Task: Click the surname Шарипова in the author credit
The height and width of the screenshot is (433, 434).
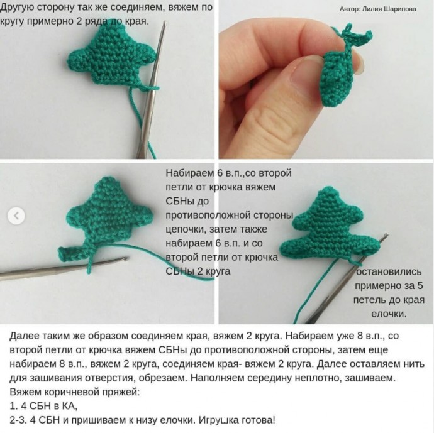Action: (x=399, y=9)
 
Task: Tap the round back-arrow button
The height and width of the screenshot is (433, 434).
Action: (x=16, y=216)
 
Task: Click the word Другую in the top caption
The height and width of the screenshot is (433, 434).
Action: (x=17, y=8)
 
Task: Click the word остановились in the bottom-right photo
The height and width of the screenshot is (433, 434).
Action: (x=389, y=271)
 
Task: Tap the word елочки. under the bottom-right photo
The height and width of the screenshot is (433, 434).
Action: (x=389, y=314)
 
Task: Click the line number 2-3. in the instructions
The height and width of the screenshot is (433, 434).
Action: (x=18, y=420)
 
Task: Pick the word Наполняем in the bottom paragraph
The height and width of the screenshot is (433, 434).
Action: (x=217, y=378)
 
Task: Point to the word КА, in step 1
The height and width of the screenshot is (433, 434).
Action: (x=70, y=406)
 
